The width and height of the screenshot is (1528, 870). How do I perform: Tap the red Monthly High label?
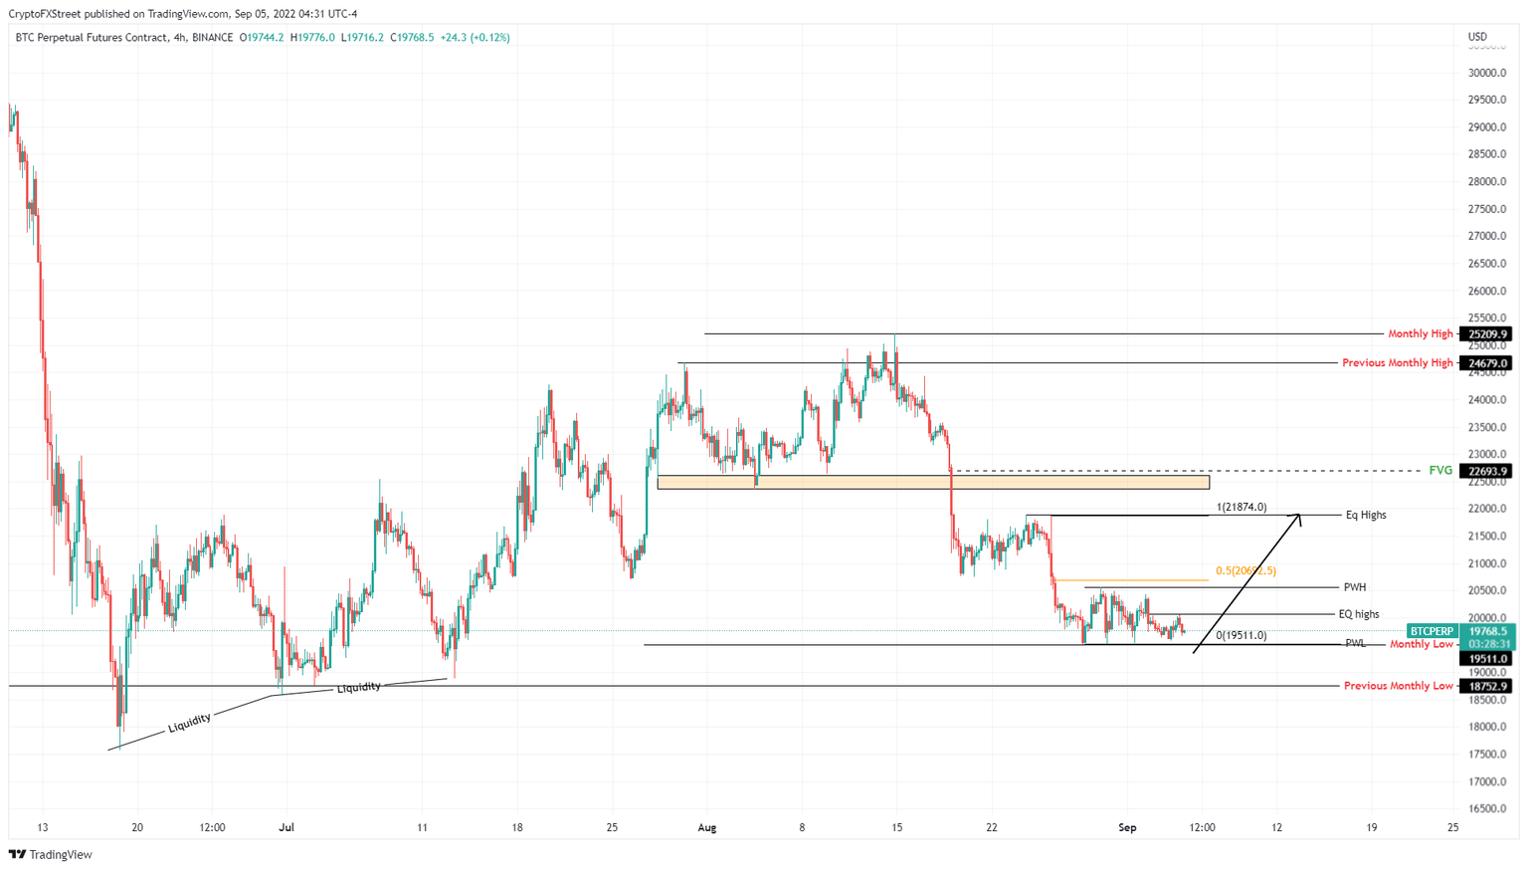click(x=1421, y=334)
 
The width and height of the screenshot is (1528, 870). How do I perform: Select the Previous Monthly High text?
click(x=1397, y=363)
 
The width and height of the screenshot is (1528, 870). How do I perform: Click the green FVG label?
click(x=1439, y=471)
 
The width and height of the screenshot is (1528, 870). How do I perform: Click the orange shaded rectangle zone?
click(x=933, y=483)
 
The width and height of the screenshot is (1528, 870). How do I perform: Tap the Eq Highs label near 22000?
click(x=1365, y=516)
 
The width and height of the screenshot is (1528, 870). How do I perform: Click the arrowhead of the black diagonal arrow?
click(x=1297, y=517)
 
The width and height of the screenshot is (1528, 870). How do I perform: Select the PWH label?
click(x=1354, y=587)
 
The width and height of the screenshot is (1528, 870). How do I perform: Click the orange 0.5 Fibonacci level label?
click(x=1245, y=571)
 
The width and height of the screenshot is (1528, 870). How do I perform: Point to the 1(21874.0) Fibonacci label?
click(x=1241, y=508)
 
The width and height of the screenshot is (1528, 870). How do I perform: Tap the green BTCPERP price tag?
click(x=1432, y=631)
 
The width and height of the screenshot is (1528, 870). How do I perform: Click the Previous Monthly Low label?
click(x=1398, y=686)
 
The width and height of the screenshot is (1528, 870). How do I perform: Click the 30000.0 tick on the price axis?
click(x=1487, y=73)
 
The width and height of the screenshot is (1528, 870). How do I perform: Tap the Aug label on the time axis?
click(x=707, y=827)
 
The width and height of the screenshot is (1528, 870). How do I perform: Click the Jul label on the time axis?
click(x=286, y=827)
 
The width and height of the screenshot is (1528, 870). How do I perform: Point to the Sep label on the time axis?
click(x=1127, y=827)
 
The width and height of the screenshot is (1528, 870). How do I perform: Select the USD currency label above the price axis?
click(x=1477, y=37)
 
